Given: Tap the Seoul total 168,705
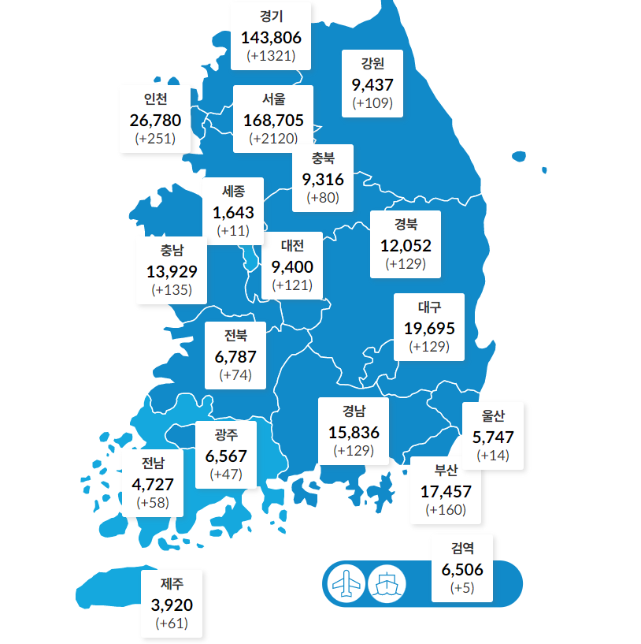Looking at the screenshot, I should click(x=272, y=119).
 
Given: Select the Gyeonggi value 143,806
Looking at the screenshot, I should click(x=272, y=36).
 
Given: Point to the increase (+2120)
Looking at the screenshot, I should click(x=272, y=138).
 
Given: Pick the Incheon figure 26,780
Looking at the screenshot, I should click(x=155, y=120).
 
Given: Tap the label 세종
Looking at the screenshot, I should click(x=234, y=191).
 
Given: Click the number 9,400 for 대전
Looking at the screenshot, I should click(x=292, y=266).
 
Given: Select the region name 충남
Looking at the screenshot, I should click(x=172, y=251).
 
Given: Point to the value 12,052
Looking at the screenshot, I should click(x=406, y=245).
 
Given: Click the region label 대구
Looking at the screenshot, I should click(x=429, y=307).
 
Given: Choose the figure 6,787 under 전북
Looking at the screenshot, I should click(x=235, y=356).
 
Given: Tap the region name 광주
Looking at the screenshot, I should click(x=226, y=434).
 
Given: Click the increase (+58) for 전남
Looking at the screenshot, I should click(x=153, y=502).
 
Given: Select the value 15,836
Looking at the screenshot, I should click(x=354, y=432).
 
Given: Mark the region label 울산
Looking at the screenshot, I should click(x=493, y=415).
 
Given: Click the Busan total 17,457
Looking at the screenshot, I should click(x=446, y=491).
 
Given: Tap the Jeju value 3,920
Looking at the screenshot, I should click(x=172, y=605).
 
